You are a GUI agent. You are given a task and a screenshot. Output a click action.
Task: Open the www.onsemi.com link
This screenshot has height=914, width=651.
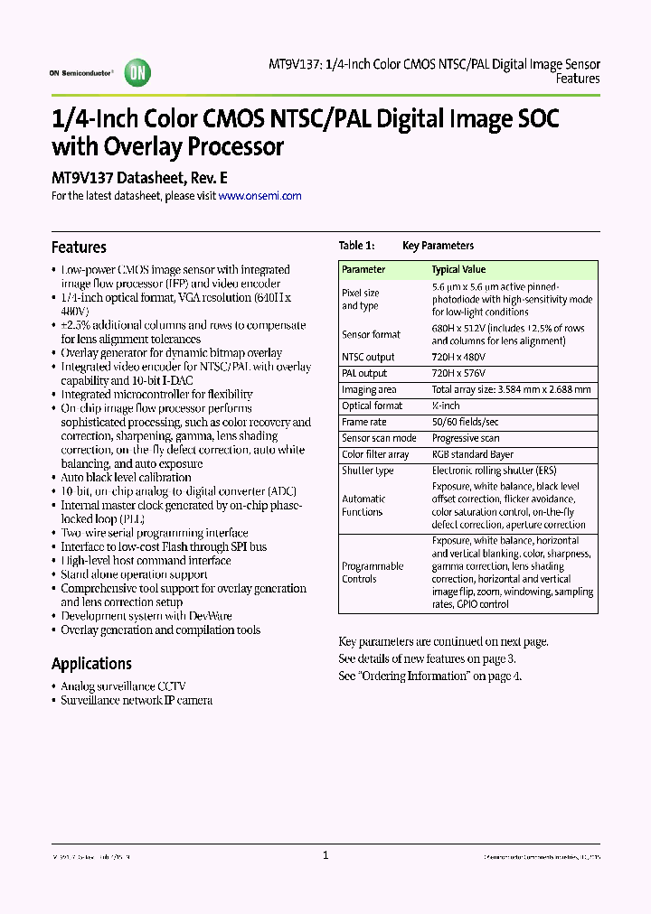[259, 195]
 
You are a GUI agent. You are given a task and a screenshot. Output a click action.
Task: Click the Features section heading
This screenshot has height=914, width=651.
[79, 247]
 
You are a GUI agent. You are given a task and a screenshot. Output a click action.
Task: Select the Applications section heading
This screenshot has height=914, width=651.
[91, 664]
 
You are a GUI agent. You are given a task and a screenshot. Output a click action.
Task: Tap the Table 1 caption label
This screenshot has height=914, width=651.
[355, 246]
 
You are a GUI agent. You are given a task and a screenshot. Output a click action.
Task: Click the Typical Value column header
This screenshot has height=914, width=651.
[458, 269]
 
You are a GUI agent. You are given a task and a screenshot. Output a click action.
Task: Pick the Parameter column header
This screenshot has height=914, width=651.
[363, 269]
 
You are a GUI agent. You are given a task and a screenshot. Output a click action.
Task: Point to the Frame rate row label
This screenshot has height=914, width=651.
[363, 422]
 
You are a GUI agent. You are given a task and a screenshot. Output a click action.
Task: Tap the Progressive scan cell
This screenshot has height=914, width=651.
[466, 438]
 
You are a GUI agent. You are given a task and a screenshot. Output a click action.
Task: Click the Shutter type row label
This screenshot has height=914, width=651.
[367, 471]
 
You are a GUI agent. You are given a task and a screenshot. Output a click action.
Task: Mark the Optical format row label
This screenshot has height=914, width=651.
[372, 406]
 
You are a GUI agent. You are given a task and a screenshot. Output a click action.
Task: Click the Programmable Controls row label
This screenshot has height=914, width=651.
[373, 573]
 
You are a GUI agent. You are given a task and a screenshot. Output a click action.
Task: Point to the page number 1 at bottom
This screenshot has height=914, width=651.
[325, 854]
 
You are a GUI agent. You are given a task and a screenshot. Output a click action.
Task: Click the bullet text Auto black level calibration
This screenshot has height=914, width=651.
[126, 477]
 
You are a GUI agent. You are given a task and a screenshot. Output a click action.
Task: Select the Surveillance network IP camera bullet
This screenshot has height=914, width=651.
[137, 700]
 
